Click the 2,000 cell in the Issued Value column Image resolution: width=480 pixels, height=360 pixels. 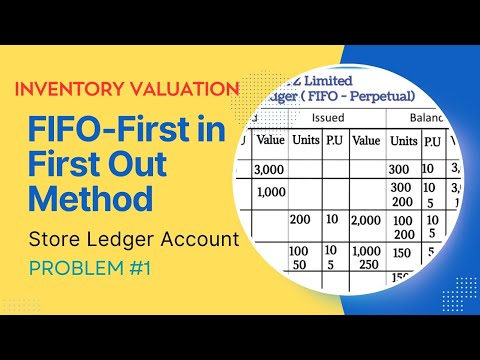367,219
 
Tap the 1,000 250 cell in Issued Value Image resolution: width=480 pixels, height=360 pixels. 367,256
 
